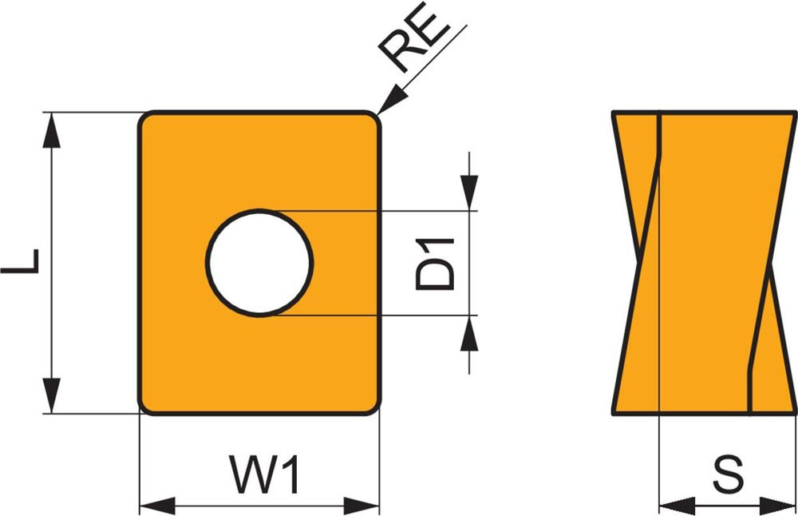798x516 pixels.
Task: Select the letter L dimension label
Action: click(x=22, y=262)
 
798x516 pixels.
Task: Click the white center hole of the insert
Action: click(x=259, y=263)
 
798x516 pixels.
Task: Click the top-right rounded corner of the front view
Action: click(x=373, y=118)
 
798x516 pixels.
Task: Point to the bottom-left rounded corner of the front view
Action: click(x=146, y=407)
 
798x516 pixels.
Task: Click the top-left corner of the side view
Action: click(x=614, y=113)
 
